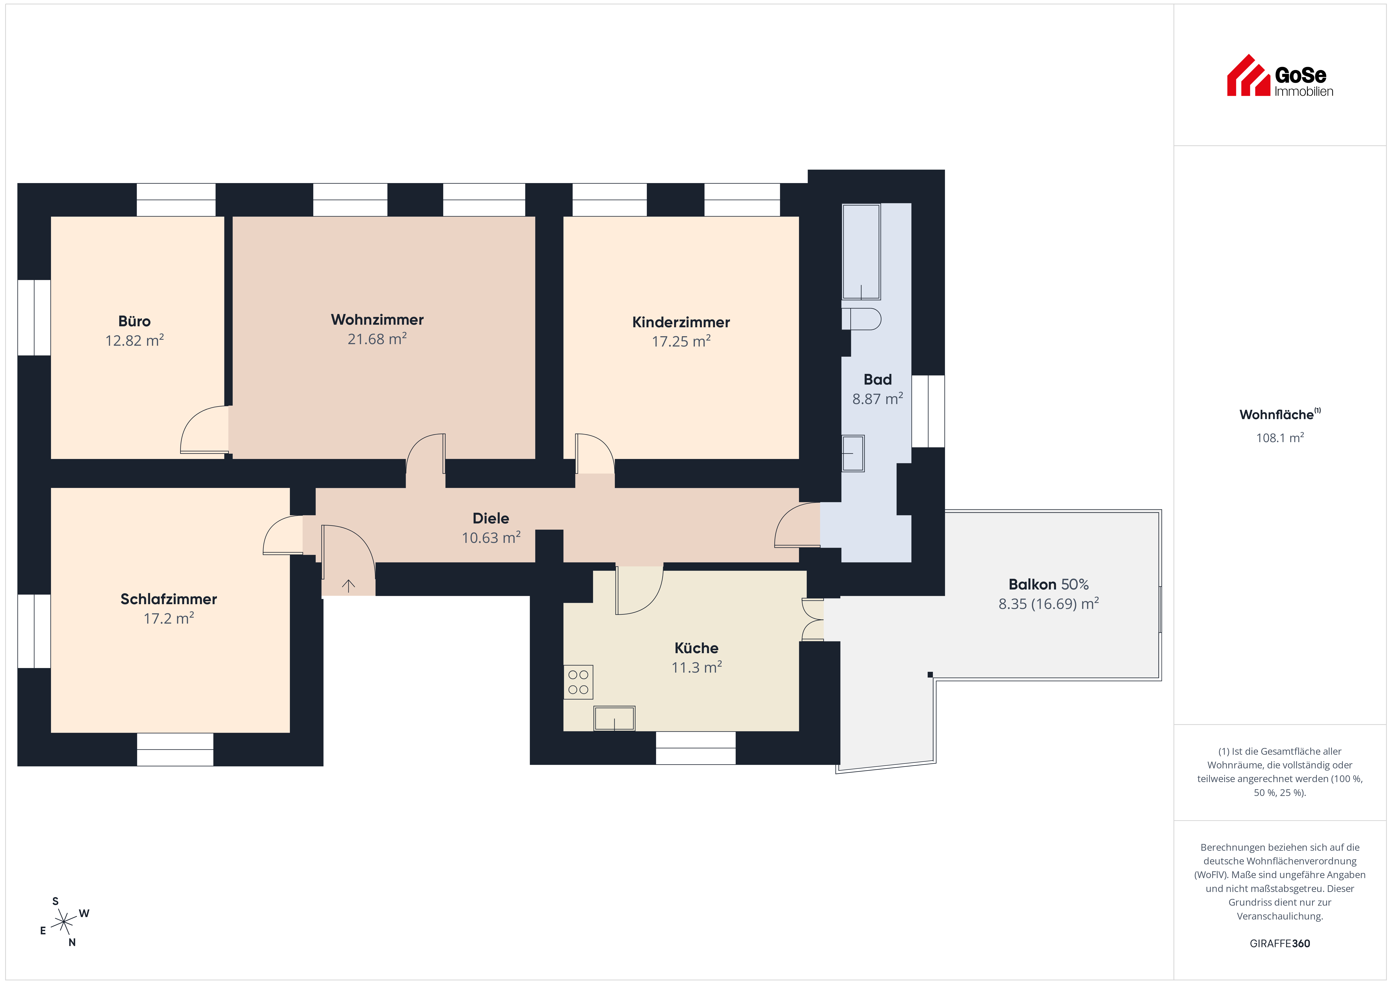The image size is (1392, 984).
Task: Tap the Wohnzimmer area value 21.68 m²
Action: [x=377, y=339]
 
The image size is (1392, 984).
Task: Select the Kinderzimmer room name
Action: [x=681, y=322]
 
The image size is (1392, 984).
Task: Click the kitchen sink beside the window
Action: [x=614, y=718]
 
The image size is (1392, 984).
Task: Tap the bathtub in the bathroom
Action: [x=861, y=252]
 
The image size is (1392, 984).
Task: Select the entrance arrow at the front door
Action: [x=348, y=585]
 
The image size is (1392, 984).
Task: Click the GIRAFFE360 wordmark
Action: [x=1280, y=943]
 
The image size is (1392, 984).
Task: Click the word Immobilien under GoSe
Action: [x=1304, y=92]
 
